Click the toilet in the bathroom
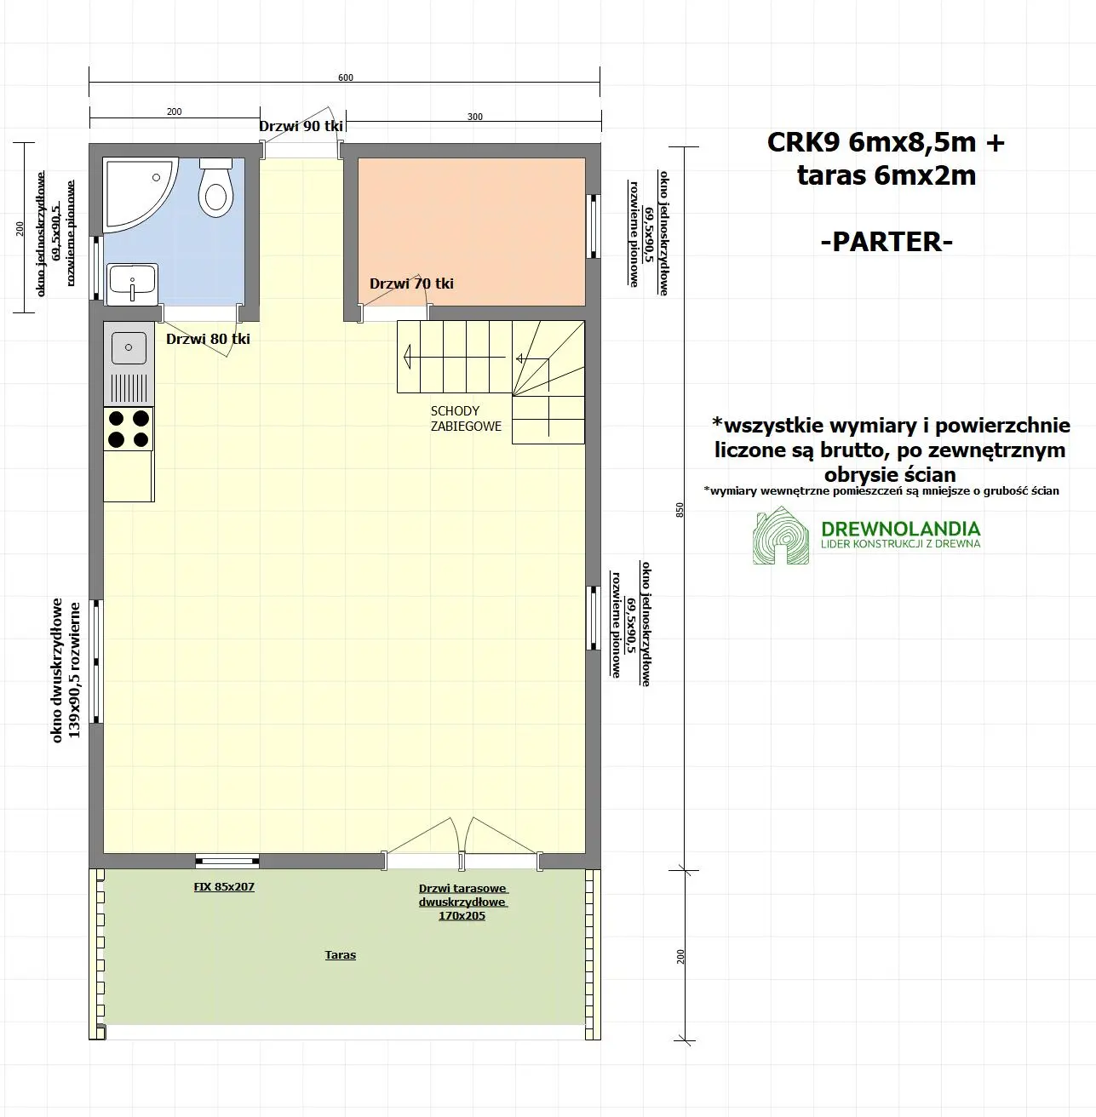coord(215,189)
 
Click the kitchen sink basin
coord(129,348)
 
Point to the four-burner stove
coord(129,429)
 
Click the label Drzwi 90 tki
coord(301,126)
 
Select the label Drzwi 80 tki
coord(208,339)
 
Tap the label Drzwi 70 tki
coord(411,284)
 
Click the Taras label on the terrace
coord(340,955)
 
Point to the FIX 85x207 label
coord(224,886)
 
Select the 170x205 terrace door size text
coord(462,916)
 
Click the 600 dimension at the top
coord(345,77)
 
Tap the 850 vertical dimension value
coord(680,509)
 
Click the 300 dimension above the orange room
coord(474,117)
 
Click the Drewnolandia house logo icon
coord(779,536)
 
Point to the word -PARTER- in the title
coord(886,241)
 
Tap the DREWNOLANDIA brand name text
coord(900,529)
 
